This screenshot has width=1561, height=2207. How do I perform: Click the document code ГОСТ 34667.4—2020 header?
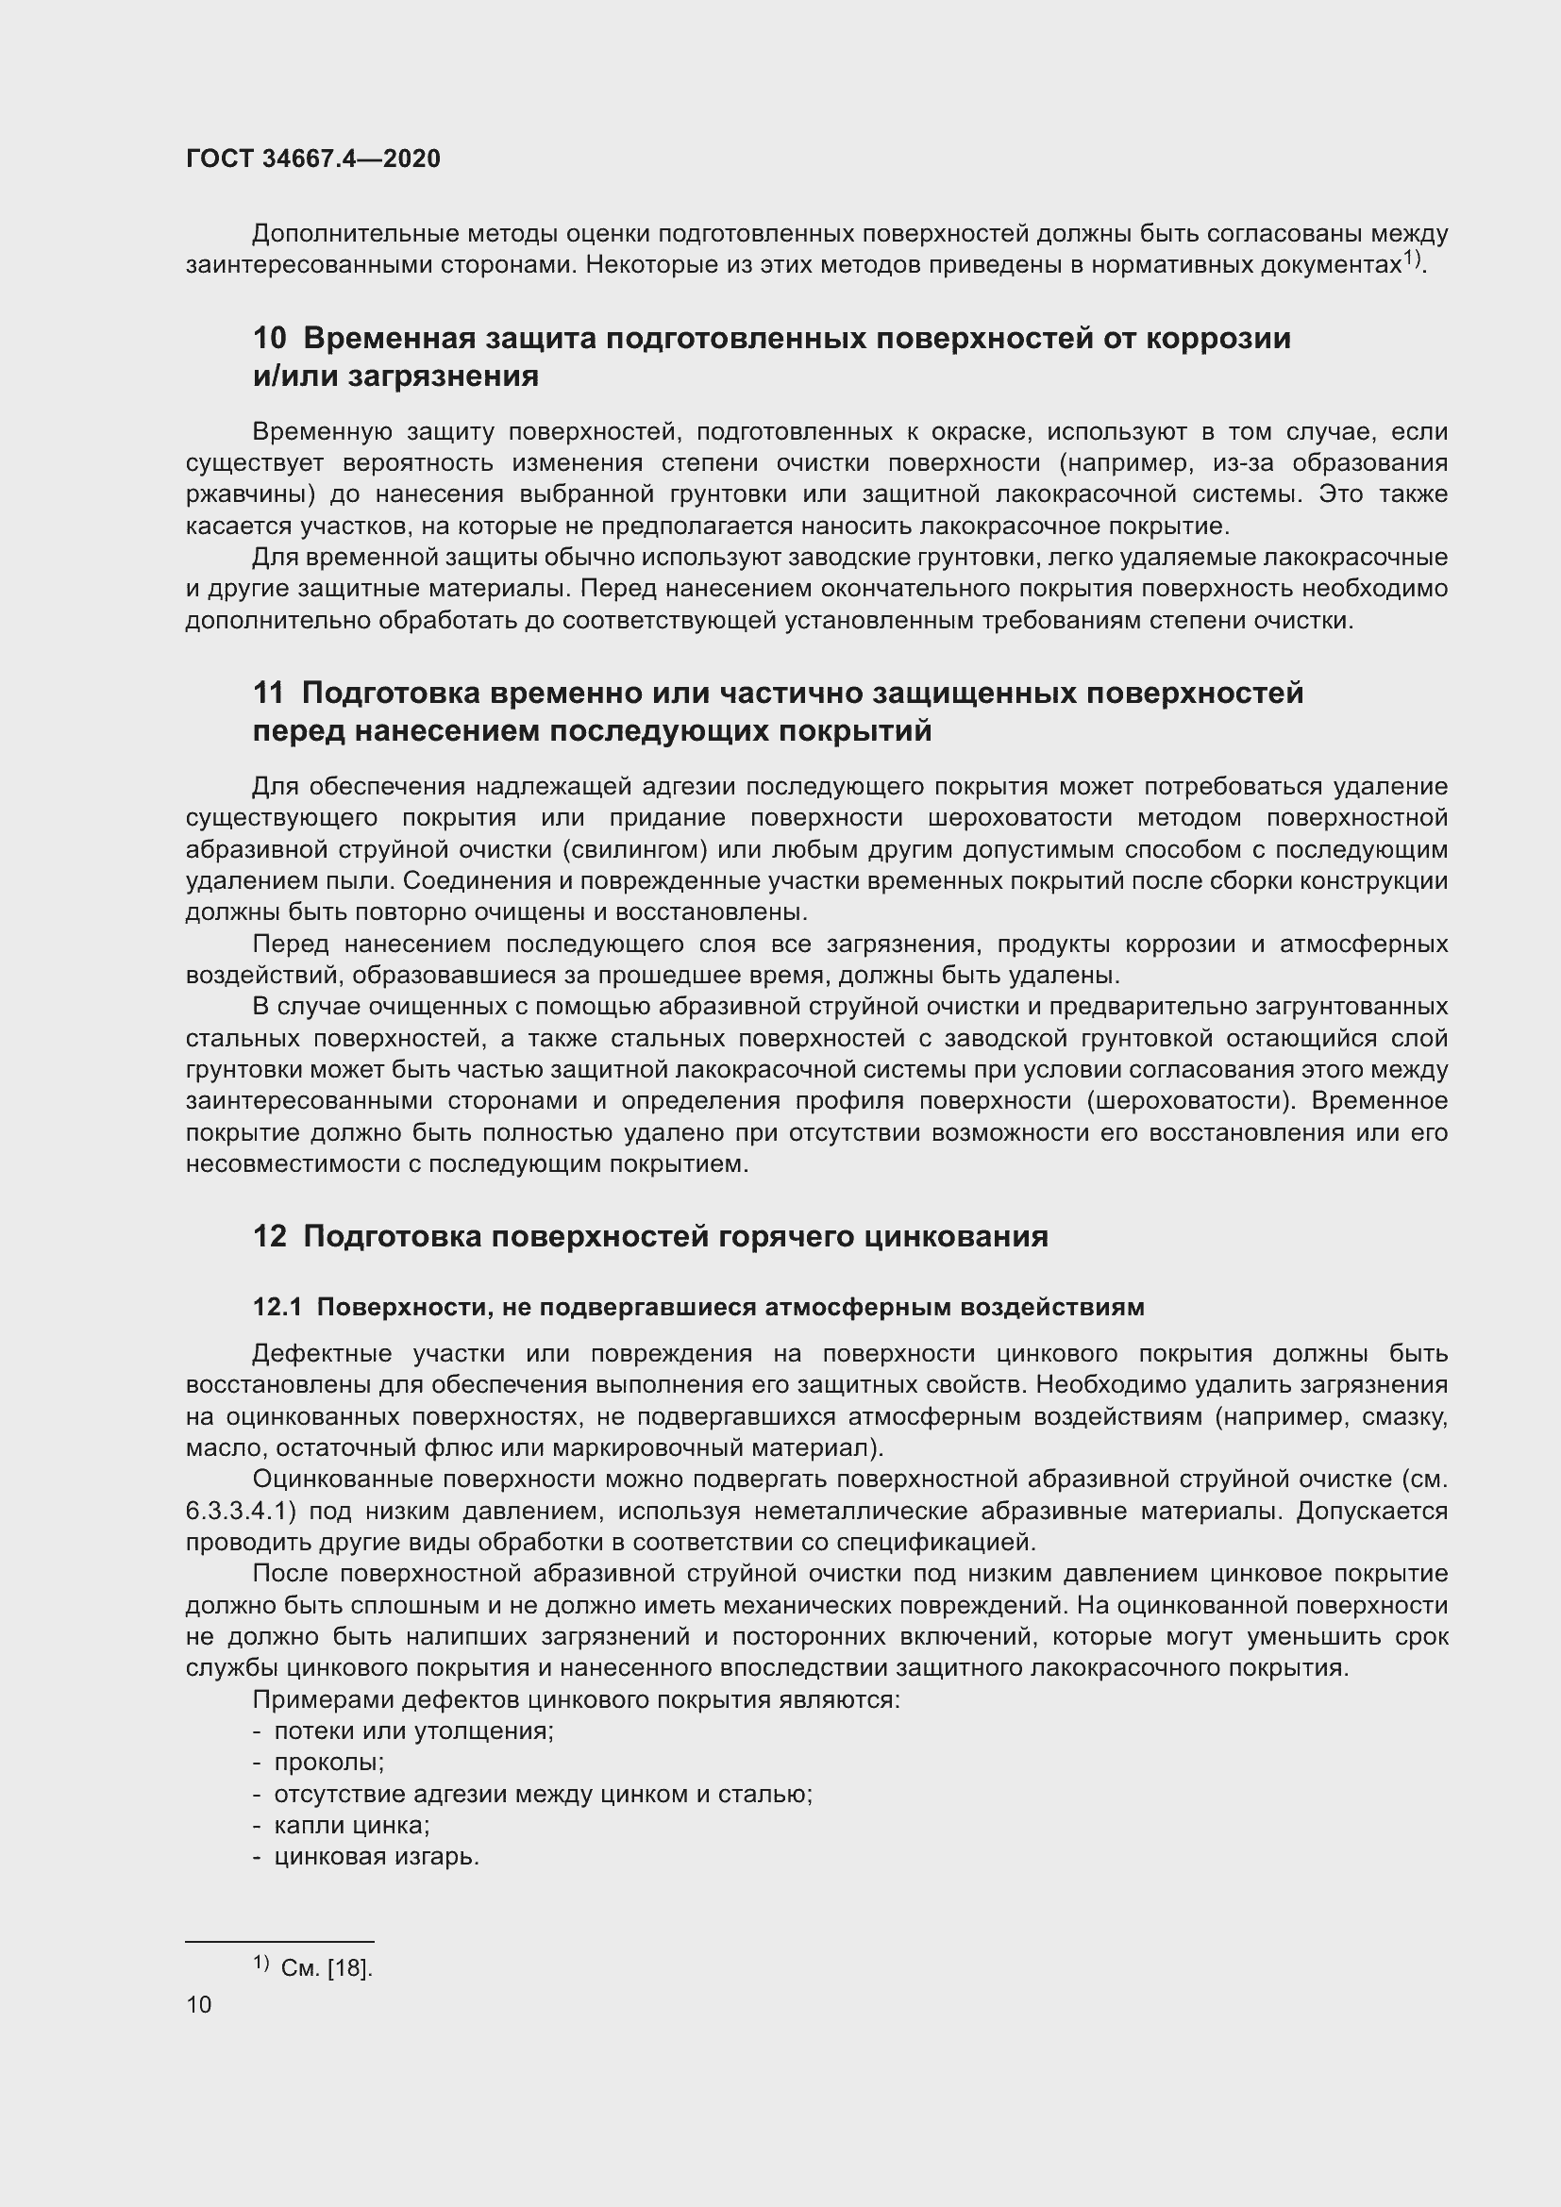tap(313, 159)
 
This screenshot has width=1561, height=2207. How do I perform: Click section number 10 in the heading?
tap(269, 339)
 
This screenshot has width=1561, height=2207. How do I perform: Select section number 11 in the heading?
tap(268, 694)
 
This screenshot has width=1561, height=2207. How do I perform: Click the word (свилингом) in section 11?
tap(634, 850)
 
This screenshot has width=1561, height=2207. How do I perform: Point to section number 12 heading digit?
tap(269, 1236)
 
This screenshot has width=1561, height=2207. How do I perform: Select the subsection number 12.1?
tap(277, 1307)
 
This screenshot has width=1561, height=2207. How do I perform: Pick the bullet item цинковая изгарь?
tap(376, 1857)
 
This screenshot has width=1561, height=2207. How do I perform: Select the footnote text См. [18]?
tap(326, 1968)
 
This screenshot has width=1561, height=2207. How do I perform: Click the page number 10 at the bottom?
tap(199, 2005)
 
